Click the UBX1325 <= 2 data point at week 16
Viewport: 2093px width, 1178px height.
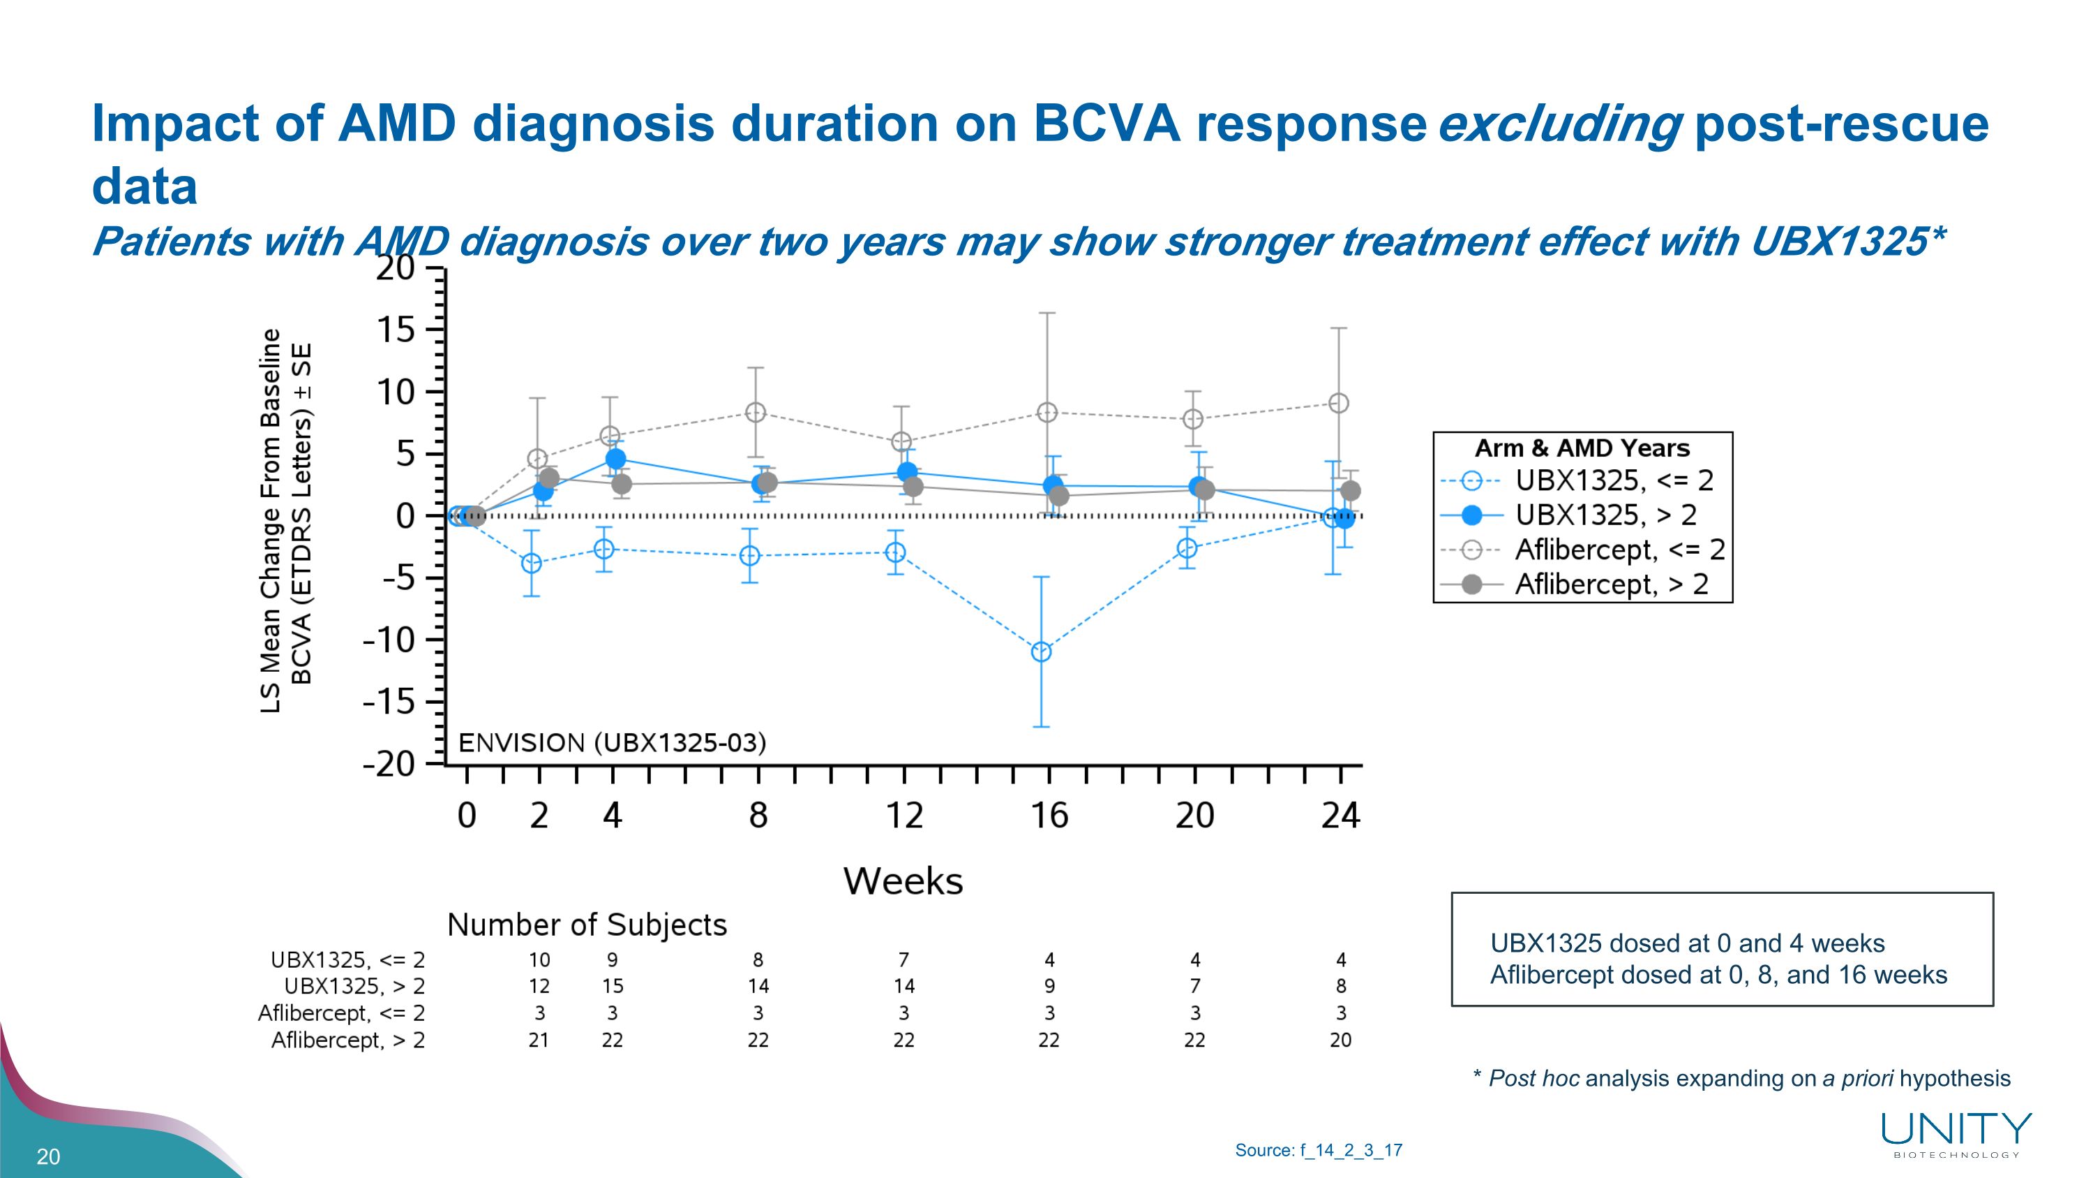pyautogui.click(x=1041, y=652)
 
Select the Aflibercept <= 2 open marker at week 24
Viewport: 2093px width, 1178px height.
pyautogui.click(x=1339, y=403)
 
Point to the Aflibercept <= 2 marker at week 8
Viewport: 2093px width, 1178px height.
pyautogui.click(x=756, y=413)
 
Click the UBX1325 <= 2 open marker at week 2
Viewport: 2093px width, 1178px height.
pyautogui.click(x=532, y=564)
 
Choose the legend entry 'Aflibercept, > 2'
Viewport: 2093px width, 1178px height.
pyautogui.click(x=1610, y=584)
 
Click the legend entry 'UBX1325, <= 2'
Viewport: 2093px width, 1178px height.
pyautogui.click(x=1614, y=481)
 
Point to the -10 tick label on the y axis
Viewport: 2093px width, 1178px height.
pyautogui.click(x=389, y=640)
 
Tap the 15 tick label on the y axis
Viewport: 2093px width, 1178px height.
pyautogui.click(x=396, y=330)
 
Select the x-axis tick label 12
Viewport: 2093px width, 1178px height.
pyautogui.click(x=903, y=816)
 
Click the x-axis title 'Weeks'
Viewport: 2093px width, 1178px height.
pyautogui.click(x=903, y=881)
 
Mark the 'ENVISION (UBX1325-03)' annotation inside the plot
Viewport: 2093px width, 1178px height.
pyautogui.click(x=613, y=743)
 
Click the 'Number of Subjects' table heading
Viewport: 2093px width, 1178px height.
pyautogui.click(x=587, y=925)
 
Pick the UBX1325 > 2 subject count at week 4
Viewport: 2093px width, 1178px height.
pyautogui.click(x=613, y=986)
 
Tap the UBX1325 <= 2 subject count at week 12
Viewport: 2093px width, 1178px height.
pyautogui.click(x=903, y=960)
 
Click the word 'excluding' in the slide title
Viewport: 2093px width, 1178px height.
pyautogui.click(x=1559, y=124)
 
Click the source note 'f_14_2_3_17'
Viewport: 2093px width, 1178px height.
pyautogui.click(x=1351, y=1150)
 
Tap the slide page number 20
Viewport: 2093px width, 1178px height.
pyautogui.click(x=49, y=1157)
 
